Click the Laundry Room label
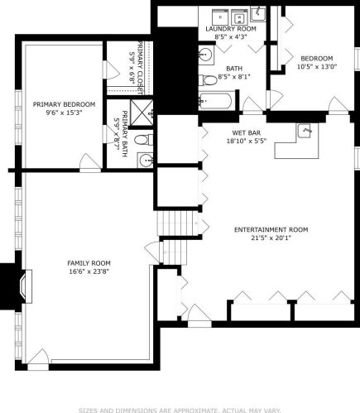coord(231,29)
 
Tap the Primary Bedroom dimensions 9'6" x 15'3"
coord(64,113)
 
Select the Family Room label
coord(89,263)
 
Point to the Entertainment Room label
coord(271,229)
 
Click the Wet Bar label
coord(247,133)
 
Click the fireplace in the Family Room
coord(26,286)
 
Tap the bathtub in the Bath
coord(216,101)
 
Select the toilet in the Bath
coord(208,80)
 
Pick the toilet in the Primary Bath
coord(144,140)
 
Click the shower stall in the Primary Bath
coord(142,113)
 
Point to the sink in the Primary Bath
coord(145,160)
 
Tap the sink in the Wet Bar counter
coord(305,130)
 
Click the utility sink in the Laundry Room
coord(258,14)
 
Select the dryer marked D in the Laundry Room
coord(220,17)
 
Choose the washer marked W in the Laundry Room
coord(239,17)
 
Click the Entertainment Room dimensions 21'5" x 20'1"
coord(271,238)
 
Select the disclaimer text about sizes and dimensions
coord(180,411)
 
